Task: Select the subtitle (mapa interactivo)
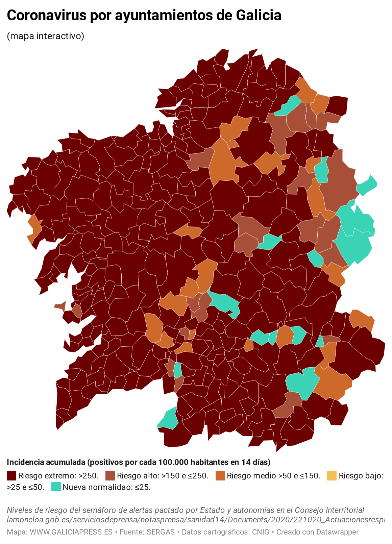[45, 36]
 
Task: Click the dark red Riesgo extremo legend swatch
[11, 476]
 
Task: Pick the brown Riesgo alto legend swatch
[110, 476]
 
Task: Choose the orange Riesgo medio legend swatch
[220, 476]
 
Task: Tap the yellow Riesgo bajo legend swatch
[332, 476]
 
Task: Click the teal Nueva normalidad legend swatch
[56, 487]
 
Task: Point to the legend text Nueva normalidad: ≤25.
[107, 487]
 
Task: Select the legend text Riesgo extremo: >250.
[58, 476]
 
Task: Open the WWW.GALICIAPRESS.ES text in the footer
[71, 532]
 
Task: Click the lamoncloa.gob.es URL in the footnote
[196, 520]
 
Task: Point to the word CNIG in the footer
[261, 532]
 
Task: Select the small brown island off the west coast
[61, 306]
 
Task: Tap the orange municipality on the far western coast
[34, 228]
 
